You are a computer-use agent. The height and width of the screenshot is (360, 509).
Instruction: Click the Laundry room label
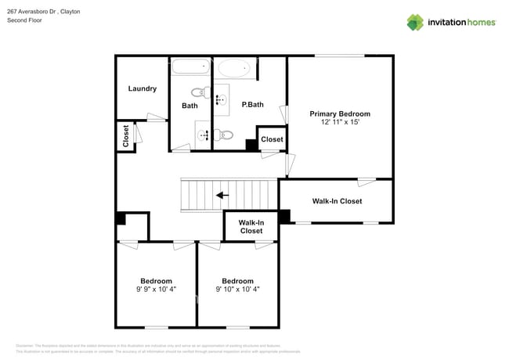point(142,88)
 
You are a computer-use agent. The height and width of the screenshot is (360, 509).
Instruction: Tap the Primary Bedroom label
point(339,113)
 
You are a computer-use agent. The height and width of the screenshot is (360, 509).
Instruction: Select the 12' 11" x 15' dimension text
point(339,123)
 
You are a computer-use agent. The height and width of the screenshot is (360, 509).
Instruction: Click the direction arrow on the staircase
point(223,196)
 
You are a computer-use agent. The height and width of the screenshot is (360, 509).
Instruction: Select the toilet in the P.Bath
point(225,135)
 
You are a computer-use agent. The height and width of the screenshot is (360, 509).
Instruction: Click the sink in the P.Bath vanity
point(221,99)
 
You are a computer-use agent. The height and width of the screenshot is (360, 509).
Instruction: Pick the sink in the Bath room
point(204,135)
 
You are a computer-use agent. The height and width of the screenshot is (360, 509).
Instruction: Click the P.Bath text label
point(252,105)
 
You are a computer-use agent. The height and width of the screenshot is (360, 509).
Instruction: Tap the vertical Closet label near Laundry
point(125,136)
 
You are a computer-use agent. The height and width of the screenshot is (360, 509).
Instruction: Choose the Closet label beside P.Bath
point(272,139)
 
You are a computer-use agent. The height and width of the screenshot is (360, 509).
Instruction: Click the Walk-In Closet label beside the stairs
point(251,227)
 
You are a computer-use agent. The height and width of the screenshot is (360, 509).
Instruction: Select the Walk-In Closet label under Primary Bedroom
point(337,201)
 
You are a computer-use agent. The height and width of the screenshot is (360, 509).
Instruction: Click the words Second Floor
point(24,20)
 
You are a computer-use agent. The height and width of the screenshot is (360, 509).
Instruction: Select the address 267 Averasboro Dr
point(31,12)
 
